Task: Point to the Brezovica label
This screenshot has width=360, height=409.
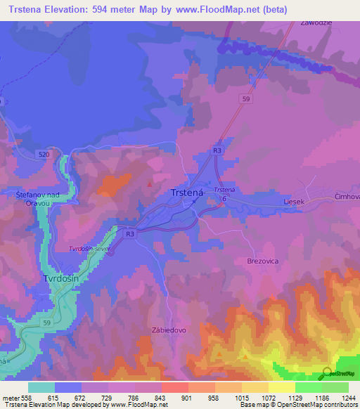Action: (263, 260)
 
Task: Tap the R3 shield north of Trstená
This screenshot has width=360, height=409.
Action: (218, 150)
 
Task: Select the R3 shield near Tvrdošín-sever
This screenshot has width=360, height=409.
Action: (129, 233)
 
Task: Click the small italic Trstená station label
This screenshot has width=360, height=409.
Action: (224, 190)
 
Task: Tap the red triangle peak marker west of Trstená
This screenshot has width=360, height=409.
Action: (150, 184)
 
